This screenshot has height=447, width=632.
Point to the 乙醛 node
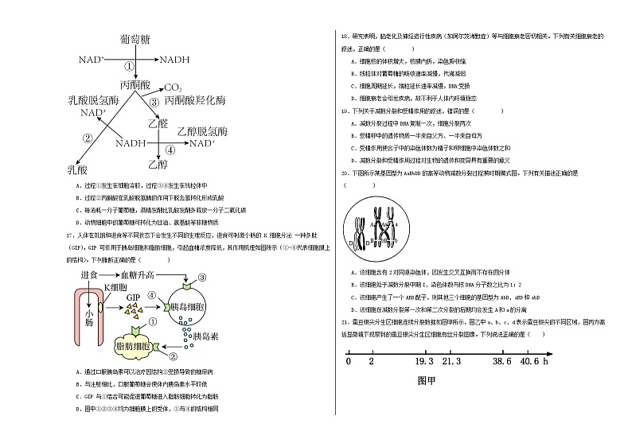coord(159,123)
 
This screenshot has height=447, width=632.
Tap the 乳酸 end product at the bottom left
coord(77,169)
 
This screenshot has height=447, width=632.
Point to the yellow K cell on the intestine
coord(100,305)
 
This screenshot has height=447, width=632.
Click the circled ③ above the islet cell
coord(203,277)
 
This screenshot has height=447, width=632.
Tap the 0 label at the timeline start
coord(349,363)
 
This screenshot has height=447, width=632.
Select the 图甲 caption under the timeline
coord(427,380)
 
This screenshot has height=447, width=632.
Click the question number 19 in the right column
coord(344,111)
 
